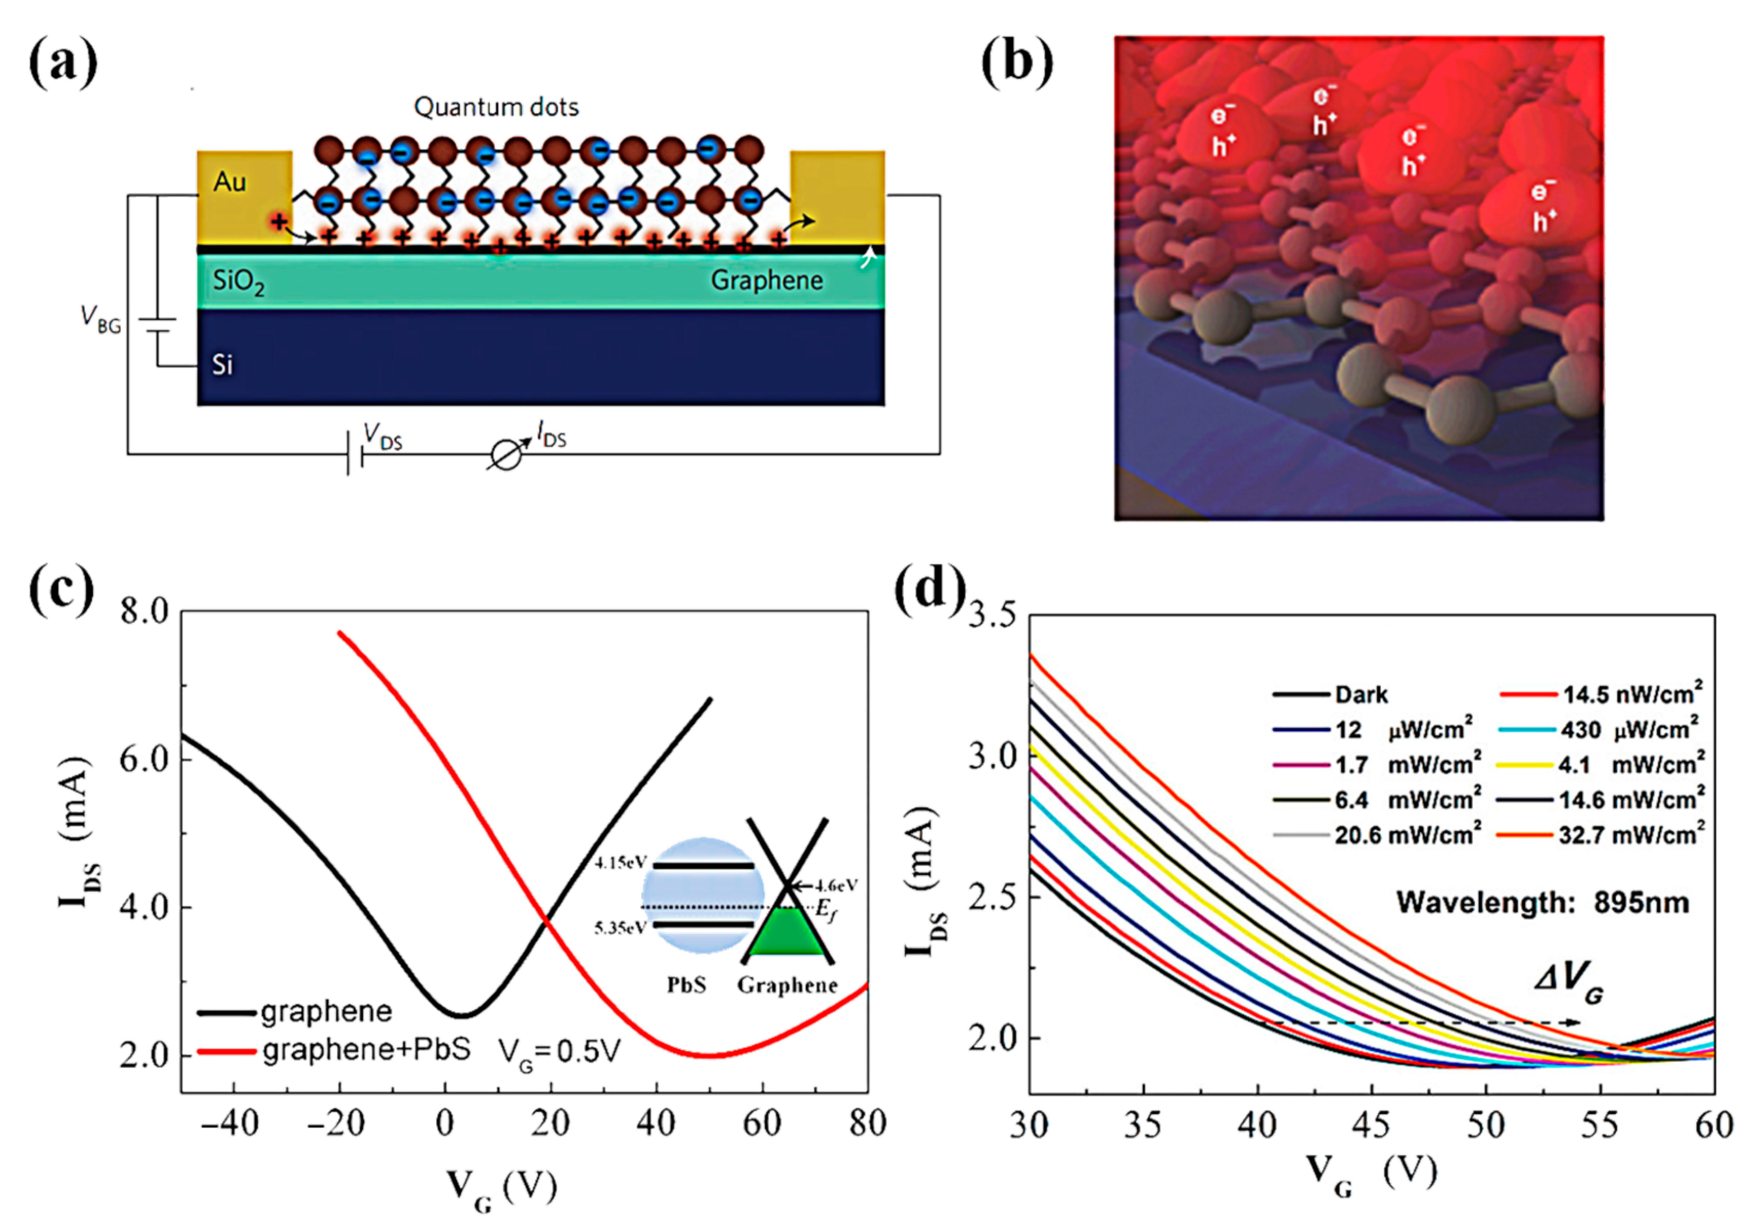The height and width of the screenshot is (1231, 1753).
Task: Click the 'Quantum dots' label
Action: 496,107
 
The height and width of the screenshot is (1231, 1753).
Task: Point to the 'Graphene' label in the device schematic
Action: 767,280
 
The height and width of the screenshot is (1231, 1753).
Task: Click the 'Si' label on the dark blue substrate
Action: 222,365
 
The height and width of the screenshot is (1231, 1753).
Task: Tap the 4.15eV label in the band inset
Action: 620,863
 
